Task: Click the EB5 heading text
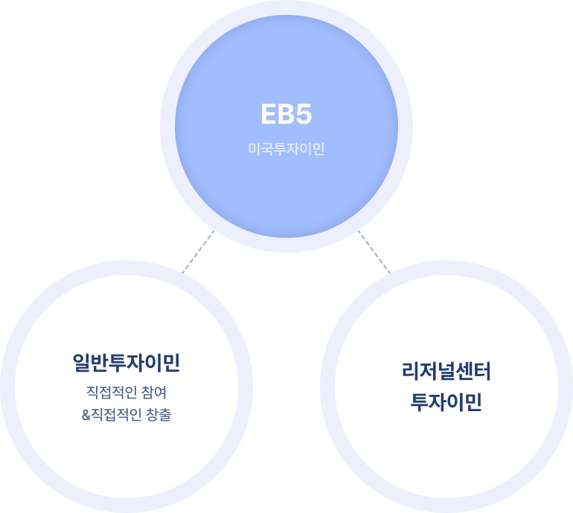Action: point(286,116)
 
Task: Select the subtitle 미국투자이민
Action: point(286,149)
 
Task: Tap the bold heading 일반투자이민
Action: point(127,363)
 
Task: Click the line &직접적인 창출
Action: point(127,415)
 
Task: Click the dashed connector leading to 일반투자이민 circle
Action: point(199,251)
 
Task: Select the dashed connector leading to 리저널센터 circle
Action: point(374,251)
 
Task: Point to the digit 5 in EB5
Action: point(303,116)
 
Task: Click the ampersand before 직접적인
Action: point(86,415)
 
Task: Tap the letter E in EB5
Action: point(269,116)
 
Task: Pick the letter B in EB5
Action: point(286,116)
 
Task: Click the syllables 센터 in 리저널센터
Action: point(473,372)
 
